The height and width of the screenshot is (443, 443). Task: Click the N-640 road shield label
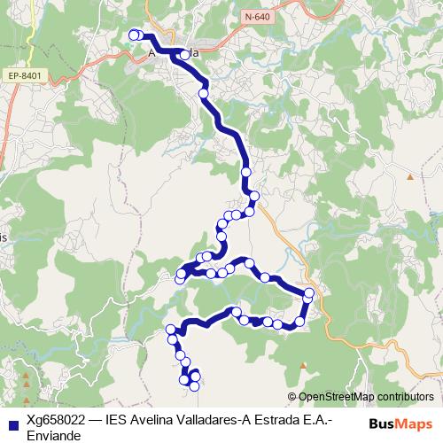pos(258,17)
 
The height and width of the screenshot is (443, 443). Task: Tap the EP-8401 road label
pos(24,76)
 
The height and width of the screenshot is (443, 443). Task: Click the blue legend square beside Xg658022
pos(12,424)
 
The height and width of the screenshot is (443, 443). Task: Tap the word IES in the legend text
pos(118,422)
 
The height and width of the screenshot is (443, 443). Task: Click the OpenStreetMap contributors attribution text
pos(366,397)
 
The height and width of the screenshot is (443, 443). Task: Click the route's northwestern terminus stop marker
pos(134,35)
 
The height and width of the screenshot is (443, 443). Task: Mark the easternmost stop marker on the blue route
pos(309,293)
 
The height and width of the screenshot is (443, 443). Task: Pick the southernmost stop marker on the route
pos(194,385)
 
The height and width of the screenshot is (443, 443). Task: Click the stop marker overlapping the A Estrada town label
pos(184,54)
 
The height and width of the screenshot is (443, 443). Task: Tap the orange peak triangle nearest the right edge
pos(410,177)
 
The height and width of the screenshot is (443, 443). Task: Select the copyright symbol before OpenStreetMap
pos(293,397)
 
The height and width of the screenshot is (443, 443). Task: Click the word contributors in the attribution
pos(403,397)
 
